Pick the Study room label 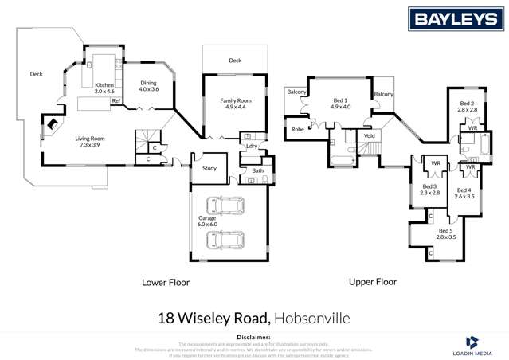(209, 169)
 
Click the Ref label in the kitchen (116, 101)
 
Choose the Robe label (298, 128)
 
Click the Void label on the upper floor (370, 136)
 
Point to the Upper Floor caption (373, 282)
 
